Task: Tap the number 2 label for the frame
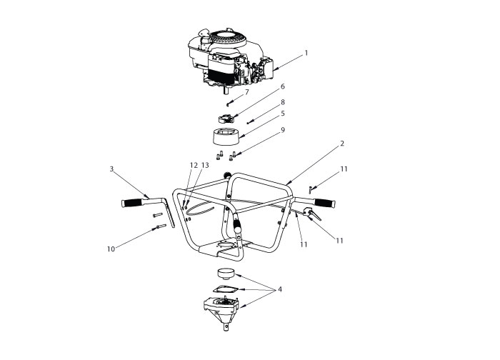[342, 144]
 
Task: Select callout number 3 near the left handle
[112, 169]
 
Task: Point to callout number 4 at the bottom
[280, 289]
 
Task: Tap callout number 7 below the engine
[246, 92]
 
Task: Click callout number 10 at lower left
[110, 249]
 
